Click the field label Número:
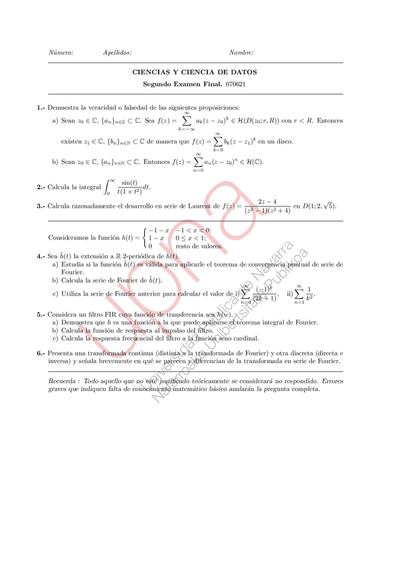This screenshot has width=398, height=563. pyautogui.click(x=61, y=52)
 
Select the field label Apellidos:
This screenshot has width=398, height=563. pyautogui.click(x=118, y=52)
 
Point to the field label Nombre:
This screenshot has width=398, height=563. pyautogui.click(x=241, y=52)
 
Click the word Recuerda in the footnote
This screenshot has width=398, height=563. pyautogui.click(x=64, y=381)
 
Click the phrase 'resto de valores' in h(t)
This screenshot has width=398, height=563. pyautogui.click(x=199, y=245)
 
